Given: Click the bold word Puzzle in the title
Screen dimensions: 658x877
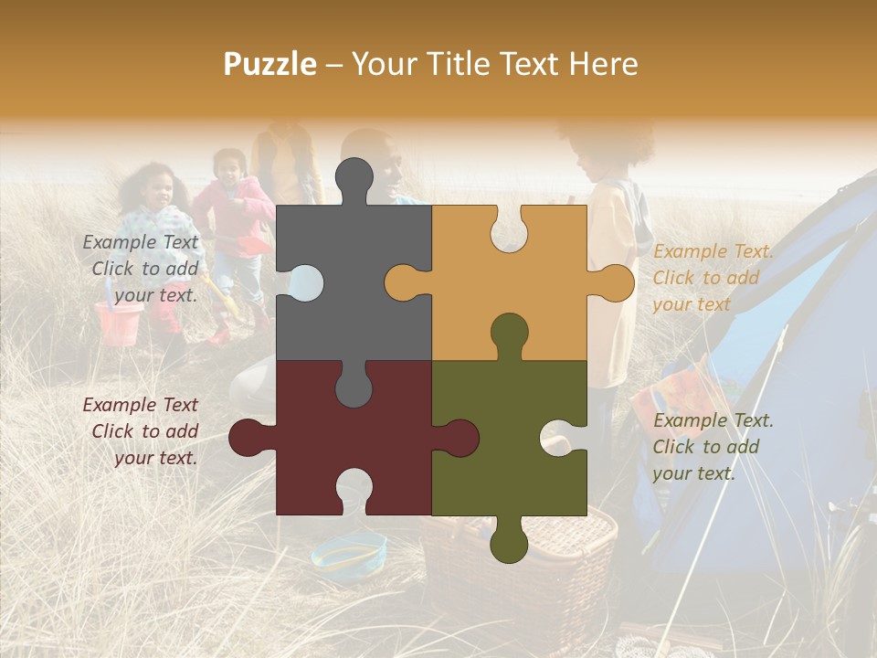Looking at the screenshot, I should (270, 64).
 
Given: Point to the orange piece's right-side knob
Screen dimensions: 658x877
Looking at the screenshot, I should (614, 282).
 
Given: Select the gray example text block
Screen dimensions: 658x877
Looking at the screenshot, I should (143, 269).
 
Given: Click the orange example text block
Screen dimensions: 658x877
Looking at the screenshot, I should (712, 278).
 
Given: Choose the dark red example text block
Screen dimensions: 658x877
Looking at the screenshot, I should (143, 431).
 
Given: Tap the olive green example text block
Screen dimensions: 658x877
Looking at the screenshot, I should (712, 447).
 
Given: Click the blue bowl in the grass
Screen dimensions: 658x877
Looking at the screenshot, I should (348, 552).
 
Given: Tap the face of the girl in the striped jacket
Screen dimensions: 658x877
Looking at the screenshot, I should (157, 190).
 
